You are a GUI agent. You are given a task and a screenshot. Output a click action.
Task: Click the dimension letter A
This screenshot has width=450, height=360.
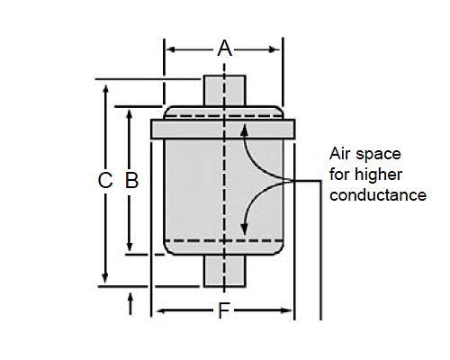225,49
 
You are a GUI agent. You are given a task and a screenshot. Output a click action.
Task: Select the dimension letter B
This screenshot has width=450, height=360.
131,180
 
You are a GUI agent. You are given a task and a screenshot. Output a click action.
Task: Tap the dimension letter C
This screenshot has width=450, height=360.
105,180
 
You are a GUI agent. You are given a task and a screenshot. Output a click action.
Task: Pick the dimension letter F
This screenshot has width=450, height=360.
224,310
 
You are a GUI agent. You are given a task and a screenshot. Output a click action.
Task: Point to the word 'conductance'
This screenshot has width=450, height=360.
378,195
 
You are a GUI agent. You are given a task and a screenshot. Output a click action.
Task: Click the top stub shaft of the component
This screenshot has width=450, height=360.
225,91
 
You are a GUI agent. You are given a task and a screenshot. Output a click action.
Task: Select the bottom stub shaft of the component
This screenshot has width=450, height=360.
225,271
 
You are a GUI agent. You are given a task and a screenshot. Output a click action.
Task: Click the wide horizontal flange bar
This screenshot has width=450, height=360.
223,130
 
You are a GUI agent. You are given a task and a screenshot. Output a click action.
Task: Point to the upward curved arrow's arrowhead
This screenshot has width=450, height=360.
245,130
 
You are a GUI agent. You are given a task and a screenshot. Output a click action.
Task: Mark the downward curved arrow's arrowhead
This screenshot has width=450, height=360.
245,229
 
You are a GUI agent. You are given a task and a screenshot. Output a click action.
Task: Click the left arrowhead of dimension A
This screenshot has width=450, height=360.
171,49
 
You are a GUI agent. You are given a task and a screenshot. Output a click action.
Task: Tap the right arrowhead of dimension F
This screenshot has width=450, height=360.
286,310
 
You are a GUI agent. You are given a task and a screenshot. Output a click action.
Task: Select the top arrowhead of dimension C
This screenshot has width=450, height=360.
105,90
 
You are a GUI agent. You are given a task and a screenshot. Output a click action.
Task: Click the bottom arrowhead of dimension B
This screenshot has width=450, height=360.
130,246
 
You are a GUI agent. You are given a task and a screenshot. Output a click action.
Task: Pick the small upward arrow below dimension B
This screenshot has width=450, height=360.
130,304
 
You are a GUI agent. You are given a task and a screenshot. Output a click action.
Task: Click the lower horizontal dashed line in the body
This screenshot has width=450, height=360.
224,240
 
